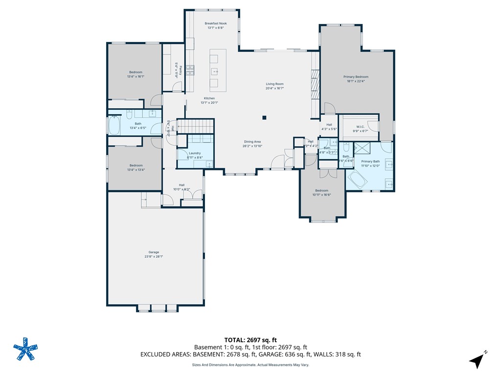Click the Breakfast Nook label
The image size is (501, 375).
pyautogui.click(x=216, y=23)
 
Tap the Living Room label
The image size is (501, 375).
pyautogui.click(x=274, y=84)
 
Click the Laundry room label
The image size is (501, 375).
pyautogui.click(x=195, y=153)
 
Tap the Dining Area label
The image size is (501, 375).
pyautogui.click(x=252, y=142)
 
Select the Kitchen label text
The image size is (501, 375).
pyautogui.click(x=209, y=98)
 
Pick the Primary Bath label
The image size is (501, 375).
pyautogui.click(x=370, y=161)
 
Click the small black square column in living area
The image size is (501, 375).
pyautogui.click(x=264, y=117)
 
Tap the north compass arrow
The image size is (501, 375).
pyautogui.click(x=478, y=360)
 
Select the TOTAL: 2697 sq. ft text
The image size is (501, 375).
pyautogui.click(x=250, y=340)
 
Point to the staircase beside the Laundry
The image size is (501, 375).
pyautogui.click(x=196, y=126)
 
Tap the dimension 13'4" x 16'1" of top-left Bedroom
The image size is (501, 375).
pyautogui.click(x=136, y=77)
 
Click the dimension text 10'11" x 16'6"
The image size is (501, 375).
pyautogui.click(x=321, y=195)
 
